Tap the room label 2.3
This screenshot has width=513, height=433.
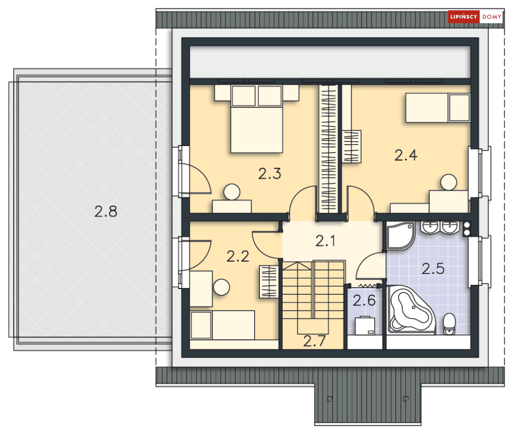270,174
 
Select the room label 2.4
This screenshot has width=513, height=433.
406,155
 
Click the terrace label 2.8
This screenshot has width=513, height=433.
106,211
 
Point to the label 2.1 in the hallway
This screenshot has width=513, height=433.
325,240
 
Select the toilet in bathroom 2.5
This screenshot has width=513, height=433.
450,324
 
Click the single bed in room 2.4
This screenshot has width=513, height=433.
437,108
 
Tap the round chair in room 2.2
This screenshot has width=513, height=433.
223,287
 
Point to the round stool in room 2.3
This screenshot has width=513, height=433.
232,192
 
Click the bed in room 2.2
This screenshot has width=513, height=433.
223,325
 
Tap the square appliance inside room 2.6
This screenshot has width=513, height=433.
366,325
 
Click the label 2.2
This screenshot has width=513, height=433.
238,256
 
